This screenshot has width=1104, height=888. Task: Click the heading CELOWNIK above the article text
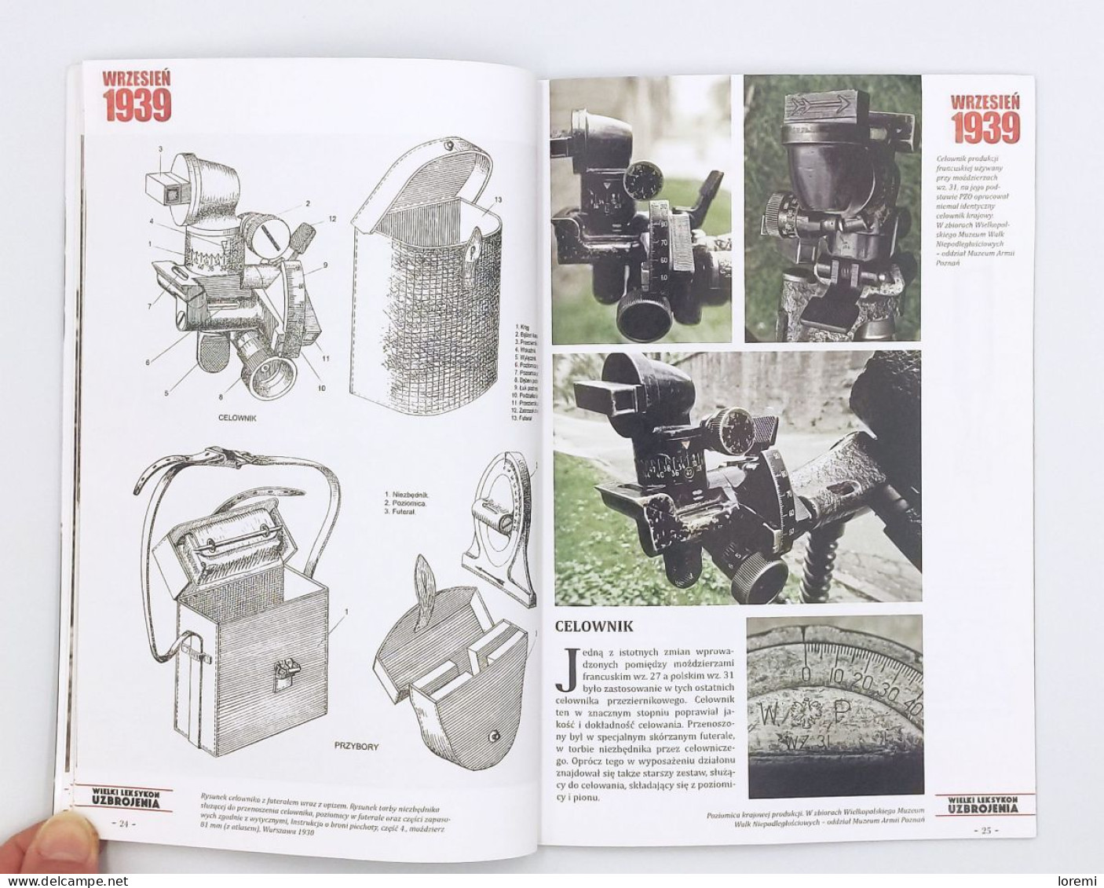point(594,627)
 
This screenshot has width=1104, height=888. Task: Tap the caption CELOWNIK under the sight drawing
point(237,418)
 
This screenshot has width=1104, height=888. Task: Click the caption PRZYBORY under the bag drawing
point(356,746)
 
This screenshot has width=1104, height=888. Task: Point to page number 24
point(123,824)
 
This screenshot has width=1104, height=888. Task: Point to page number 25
point(985,829)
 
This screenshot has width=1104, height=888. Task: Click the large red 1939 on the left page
point(137,106)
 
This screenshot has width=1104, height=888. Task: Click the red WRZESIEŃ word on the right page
point(985,101)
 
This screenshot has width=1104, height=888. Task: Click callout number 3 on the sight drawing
point(159,148)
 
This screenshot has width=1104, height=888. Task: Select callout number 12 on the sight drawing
point(332,219)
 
